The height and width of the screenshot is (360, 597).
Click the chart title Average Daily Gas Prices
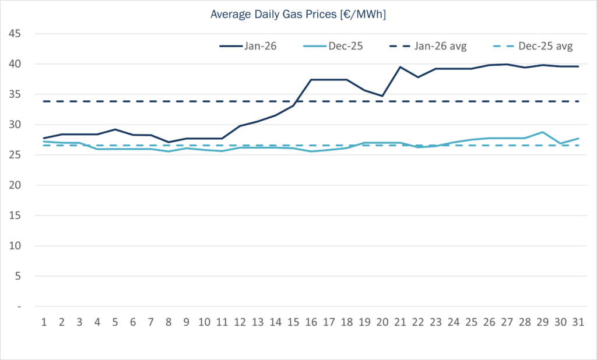(x=298, y=14)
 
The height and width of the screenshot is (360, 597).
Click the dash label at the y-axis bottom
(x=19, y=306)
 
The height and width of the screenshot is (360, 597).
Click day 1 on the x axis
(x=44, y=321)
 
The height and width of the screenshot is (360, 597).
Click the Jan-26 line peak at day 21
(x=400, y=67)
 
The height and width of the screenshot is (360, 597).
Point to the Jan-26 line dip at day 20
(x=382, y=96)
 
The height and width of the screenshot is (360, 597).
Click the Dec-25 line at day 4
(x=98, y=149)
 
